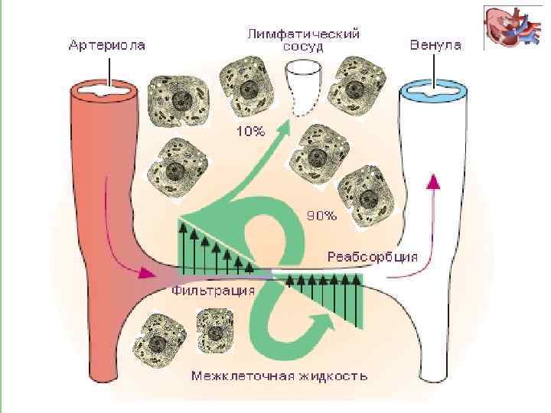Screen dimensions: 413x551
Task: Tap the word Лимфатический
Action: pos(303,34)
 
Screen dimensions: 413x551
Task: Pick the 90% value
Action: pos(321,215)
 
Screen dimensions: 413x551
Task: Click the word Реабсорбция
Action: pos(371,256)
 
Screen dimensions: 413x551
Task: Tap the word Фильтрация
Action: pos(212,291)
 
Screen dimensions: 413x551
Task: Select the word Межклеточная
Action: pos(235,376)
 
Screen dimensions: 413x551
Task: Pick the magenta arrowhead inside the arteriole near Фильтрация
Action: pos(145,272)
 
